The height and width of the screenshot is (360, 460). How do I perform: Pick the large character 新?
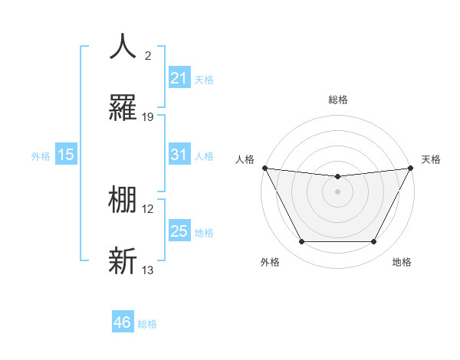tap(123, 260)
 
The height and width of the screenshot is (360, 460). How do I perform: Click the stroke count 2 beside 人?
tap(147, 55)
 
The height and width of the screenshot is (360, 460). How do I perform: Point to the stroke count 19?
tap(148, 116)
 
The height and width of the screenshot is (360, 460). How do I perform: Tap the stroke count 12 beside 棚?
tap(148, 208)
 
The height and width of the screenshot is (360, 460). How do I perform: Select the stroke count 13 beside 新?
tap(148, 270)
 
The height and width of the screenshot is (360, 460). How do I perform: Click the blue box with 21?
tap(179, 78)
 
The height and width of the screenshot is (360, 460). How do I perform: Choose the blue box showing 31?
tap(179, 155)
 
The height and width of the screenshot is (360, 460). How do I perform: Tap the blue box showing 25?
tap(179, 231)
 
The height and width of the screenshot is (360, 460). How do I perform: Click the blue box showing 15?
tap(66, 155)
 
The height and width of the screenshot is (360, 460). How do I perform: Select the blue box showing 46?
tap(123, 322)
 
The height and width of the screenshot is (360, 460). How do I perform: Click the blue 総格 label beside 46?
tap(147, 324)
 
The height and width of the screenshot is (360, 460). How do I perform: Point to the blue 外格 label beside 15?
tap(41, 156)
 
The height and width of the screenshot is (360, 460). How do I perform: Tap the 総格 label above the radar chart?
tap(337, 100)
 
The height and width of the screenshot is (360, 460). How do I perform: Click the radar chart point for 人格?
tap(264, 168)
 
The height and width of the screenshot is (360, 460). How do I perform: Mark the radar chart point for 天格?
tap(411, 168)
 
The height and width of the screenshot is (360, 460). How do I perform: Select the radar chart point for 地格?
tap(373, 242)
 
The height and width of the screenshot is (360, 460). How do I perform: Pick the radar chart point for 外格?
tap(301, 242)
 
